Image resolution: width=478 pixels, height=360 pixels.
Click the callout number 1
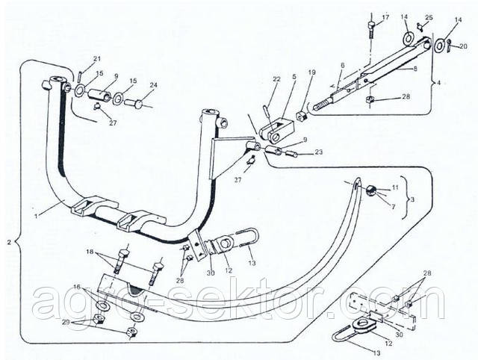pyautogui.click(x=37, y=217)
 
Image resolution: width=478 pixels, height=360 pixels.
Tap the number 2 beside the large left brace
pyautogui.click(x=7, y=243)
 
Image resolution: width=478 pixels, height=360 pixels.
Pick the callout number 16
pyautogui.click(x=77, y=286)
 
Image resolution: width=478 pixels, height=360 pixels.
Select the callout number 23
pyautogui.click(x=319, y=152)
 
